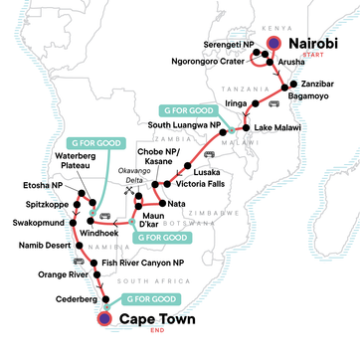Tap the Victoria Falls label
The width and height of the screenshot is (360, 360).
[x=207, y=183]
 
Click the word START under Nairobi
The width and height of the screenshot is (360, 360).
[x=332, y=59]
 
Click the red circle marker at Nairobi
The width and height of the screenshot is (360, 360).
[x=272, y=45]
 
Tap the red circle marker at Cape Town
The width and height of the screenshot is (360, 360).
[x=104, y=320]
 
